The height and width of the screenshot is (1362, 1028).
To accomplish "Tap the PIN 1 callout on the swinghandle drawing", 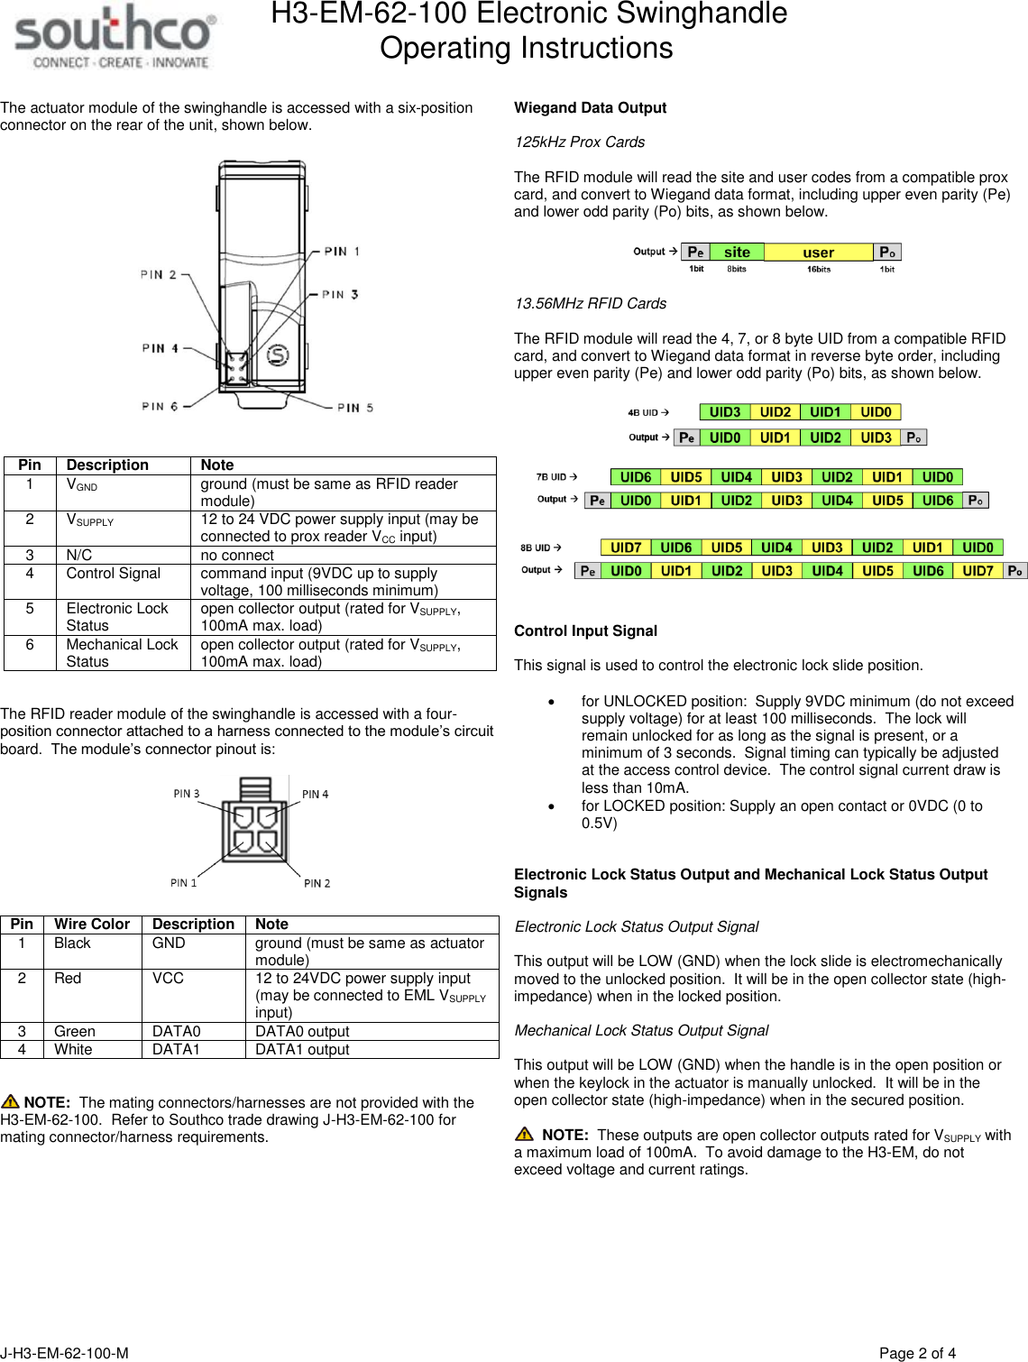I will (342, 252).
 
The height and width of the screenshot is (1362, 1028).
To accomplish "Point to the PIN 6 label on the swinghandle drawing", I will (160, 407).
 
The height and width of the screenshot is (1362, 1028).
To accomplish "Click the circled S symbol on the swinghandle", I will (278, 355).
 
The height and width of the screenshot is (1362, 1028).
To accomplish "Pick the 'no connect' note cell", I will (237, 556).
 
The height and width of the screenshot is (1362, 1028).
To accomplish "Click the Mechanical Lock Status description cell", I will (123, 653).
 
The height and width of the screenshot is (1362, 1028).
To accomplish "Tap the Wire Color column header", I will (92, 925).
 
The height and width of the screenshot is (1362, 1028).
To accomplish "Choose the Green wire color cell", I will (75, 1032).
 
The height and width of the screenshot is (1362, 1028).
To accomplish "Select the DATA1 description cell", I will (176, 1050).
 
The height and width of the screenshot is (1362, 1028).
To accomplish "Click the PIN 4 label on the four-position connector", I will (315, 795).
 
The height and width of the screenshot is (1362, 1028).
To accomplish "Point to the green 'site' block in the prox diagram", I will (737, 253).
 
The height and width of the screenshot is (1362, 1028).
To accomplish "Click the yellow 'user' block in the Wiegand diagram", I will (818, 253).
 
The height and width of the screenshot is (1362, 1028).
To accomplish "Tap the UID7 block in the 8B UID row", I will (626, 548).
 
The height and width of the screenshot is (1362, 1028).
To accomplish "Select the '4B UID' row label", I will (644, 413).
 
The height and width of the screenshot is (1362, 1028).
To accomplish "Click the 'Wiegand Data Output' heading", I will (590, 108).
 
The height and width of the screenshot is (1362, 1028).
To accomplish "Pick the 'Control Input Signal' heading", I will (585, 631).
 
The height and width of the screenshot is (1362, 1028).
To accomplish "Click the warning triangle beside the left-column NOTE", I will (11, 1101).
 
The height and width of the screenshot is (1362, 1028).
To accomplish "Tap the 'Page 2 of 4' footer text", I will (917, 1353).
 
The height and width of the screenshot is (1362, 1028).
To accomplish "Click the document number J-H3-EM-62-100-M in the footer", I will (64, 1353).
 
